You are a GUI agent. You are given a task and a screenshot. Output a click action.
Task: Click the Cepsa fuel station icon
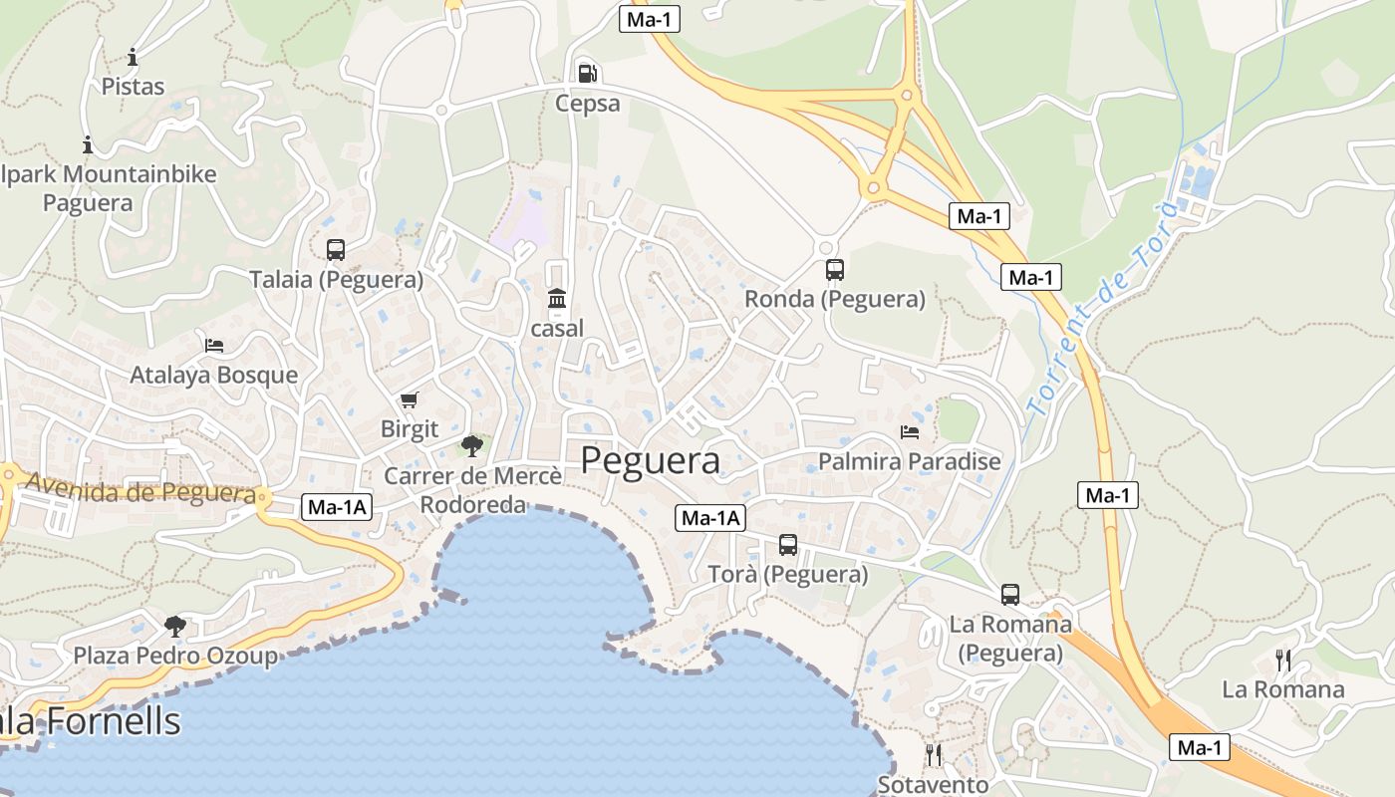[x=588, y=73]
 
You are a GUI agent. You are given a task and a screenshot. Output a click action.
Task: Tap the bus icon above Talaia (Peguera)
[x=336, y=250]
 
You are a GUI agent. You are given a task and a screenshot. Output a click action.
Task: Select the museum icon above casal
[x=557, y=299]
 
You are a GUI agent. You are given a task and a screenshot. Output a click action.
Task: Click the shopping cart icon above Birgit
[x=409, y=400]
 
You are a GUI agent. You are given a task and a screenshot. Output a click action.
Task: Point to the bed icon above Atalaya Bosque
[x=214, y=346]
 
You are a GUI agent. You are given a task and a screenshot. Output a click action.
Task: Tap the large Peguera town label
[x=650, y=461]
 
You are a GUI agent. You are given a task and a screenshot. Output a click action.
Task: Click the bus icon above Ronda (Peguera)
[x=835, y=270]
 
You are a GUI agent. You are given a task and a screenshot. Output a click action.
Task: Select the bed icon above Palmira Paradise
[x=910, y=432]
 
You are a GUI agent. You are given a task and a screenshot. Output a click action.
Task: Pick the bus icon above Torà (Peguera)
[x=788, y=545]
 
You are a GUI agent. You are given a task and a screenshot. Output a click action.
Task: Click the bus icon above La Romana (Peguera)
[x=1010, y=595]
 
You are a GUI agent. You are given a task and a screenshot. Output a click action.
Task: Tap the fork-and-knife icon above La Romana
[x=1283, y=660]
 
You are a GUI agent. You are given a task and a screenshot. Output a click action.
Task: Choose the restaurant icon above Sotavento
[x=934, y=755]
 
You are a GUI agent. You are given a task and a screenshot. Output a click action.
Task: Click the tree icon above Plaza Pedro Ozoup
[x=175, y=627]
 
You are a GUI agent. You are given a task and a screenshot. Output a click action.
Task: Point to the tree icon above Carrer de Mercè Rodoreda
[x=472, y=445]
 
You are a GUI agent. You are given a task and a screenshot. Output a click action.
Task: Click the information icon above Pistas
[x=133, y=57]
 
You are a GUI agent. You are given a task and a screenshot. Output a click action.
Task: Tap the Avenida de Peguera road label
[x=140, y=489]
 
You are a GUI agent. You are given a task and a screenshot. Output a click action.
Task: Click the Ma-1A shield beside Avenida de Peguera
[x=337, y=507]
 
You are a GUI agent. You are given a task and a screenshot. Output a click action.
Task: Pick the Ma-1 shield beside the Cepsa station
[x=650, y=19]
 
